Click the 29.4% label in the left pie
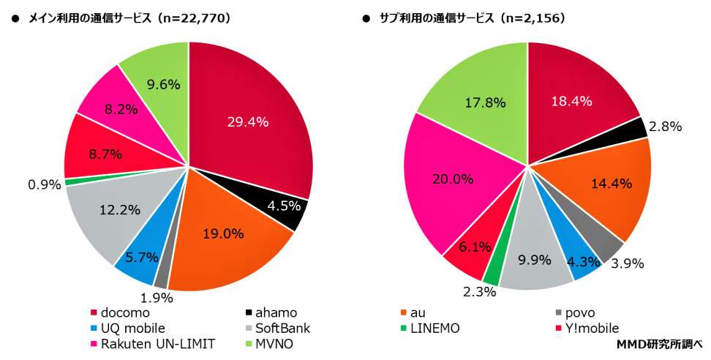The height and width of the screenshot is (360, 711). click(x=247, y=122)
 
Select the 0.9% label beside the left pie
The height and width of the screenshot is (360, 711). click(x=43, y=184)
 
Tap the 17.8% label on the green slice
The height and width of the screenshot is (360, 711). click(x=485, y=102)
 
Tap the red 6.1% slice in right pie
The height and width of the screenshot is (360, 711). click(x=468, y=252)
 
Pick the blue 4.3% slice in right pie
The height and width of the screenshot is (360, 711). click(x=583, y=261)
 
